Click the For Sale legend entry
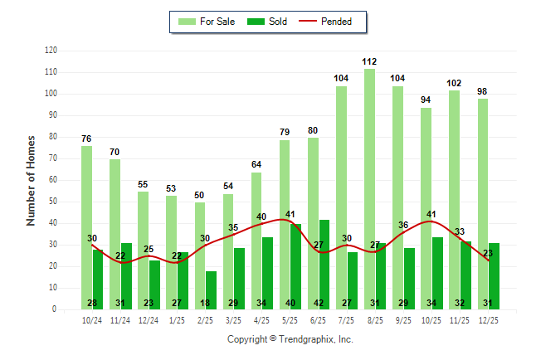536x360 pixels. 207,22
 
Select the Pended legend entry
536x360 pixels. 329,22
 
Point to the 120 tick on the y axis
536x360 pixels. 51,51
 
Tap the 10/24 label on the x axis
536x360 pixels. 92,319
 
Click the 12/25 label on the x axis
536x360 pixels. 488,319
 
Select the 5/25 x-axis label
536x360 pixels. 290,319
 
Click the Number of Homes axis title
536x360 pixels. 32,180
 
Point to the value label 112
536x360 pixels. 369,61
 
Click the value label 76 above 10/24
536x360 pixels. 86,139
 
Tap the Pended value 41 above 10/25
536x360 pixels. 431,214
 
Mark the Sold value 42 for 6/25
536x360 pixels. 324,303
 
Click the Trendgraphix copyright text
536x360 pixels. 290,339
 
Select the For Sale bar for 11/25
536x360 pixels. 454,200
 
